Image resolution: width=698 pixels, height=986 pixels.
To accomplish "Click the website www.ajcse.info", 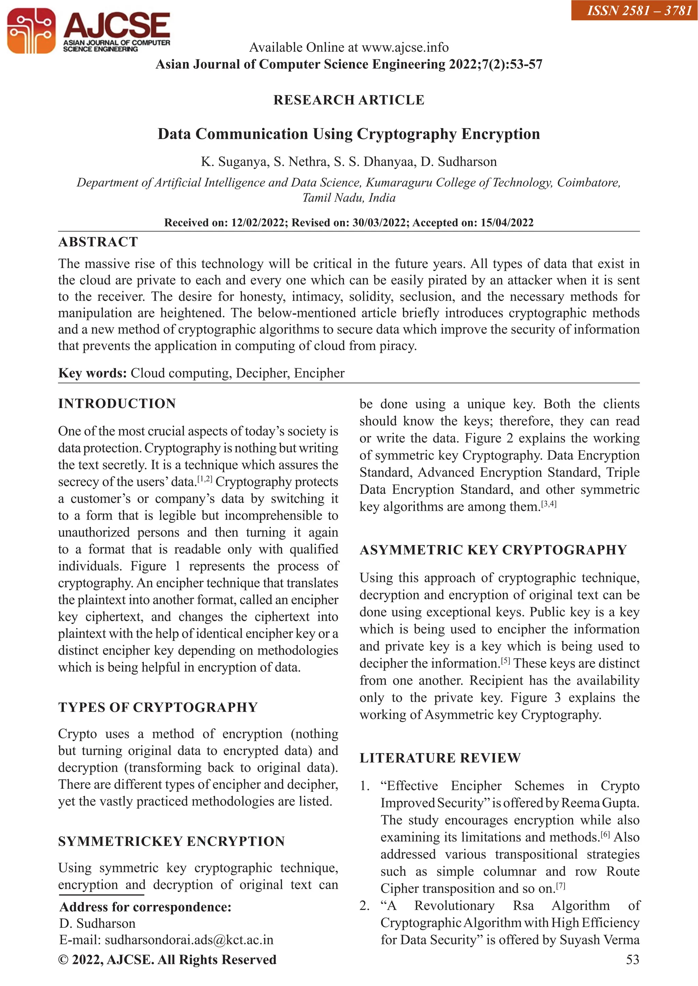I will point(405,47).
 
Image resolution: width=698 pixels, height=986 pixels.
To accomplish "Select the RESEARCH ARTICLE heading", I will point(349,100).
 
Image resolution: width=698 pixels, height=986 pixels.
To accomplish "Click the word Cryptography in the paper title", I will point(406,134).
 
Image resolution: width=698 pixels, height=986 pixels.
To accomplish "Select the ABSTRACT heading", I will point(98,242).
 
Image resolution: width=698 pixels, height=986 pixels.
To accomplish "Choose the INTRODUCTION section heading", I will point(117,404).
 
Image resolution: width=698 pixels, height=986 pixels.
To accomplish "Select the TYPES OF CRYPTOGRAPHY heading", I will point(158,707).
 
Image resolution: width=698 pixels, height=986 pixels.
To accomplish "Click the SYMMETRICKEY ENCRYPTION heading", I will point(171,841).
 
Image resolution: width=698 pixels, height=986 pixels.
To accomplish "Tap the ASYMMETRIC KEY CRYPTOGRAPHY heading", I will point(493,550).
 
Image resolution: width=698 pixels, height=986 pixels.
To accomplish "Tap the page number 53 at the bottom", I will point(632,960).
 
